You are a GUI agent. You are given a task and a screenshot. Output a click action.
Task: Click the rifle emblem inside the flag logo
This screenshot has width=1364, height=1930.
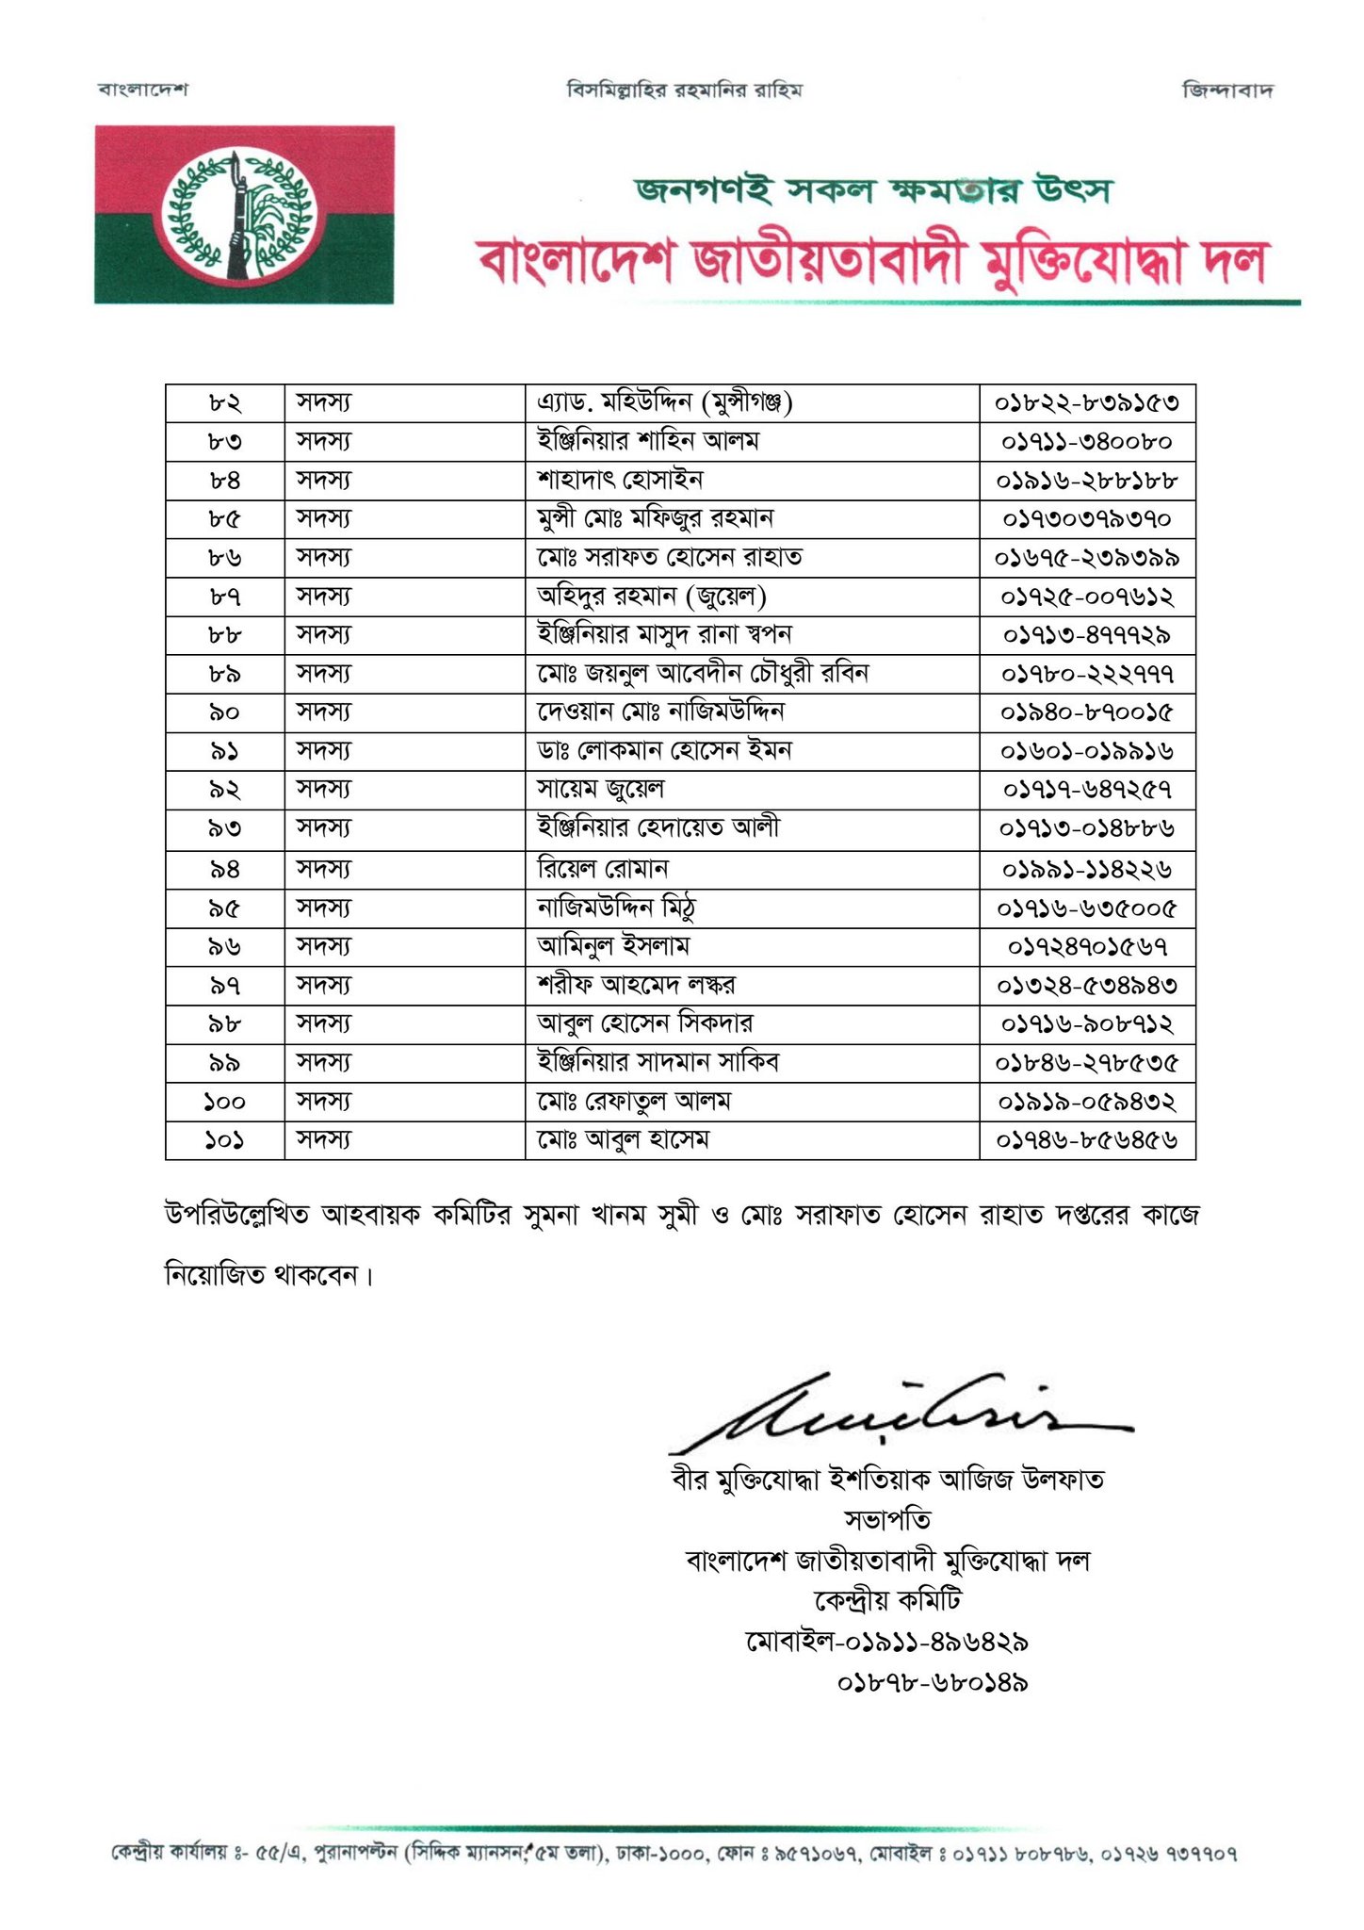click(236, 217)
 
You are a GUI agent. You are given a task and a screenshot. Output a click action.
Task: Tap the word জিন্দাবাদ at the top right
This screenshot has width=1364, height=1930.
click(1227, 90)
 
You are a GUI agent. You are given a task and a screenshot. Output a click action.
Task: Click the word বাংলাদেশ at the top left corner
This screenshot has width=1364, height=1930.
click(143, 90)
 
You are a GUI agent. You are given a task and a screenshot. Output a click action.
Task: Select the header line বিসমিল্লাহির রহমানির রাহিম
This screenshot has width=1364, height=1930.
click(685, 90)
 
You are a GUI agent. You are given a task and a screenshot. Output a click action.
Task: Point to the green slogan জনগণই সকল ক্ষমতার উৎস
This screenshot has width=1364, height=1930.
click(873, 189)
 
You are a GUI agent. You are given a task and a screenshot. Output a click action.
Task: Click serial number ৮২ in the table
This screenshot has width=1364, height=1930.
click(224, 403)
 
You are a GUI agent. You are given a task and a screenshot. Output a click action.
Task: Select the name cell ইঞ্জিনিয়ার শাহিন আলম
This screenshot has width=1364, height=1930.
click(648, 441)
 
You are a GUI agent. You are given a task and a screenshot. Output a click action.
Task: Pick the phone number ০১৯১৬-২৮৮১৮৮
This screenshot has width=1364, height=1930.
click(1087, 481)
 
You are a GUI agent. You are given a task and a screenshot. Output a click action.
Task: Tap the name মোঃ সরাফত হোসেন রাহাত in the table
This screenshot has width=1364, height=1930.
click(670, 557)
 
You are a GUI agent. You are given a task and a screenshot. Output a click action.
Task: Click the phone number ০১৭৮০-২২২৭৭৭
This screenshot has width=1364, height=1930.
click(1087, 675)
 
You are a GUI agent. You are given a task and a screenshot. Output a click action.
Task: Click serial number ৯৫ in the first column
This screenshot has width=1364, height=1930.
click(224, 908)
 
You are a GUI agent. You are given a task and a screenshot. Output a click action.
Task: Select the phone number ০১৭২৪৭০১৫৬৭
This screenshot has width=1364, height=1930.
click(1087, 946)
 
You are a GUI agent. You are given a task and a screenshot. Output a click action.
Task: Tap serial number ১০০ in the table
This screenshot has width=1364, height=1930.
click(224, 1102)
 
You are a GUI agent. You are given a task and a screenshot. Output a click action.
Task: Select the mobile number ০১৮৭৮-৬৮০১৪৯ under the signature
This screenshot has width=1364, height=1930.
click(932, 1682)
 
